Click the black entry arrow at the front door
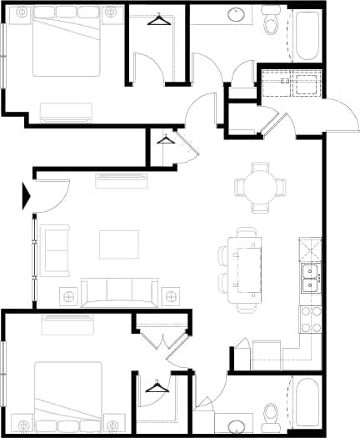pos(27,198)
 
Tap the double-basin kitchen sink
pos(310,279)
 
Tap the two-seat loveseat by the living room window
pos(57,251)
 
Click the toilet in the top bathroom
pos(270,23)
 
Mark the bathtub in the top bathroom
pos(306,34)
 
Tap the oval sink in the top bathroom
pos(236,15)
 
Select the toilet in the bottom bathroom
pos(270,415)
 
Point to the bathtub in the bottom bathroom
pos(306,405)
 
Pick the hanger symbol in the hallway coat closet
pos(166,139)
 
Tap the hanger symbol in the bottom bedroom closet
pos(156,386)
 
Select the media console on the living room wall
pos(121,180)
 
